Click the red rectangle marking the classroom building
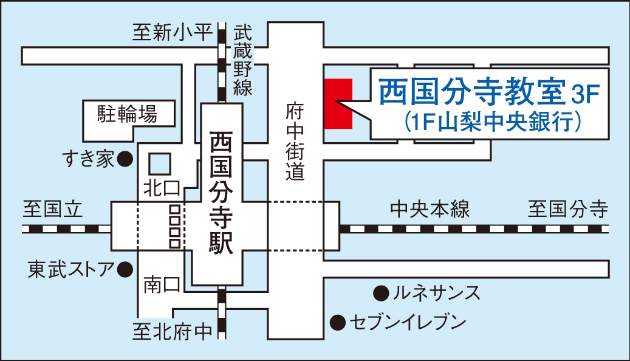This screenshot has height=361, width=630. click(338, 103)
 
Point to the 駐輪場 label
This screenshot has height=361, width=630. click(128, 114)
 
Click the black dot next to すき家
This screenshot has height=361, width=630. click(125, 159)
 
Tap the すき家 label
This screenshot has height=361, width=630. click(88, 159)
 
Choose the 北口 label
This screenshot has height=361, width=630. click(159, 187)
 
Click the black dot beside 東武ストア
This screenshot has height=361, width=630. click(125, 268)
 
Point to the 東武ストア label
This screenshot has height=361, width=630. click(70, 268)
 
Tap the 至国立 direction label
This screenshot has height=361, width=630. click(52, 209)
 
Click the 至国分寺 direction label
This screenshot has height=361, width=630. click(567, 210)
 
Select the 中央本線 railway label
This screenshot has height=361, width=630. click(430, 210)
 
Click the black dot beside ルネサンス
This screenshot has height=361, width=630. click(380, 294)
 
